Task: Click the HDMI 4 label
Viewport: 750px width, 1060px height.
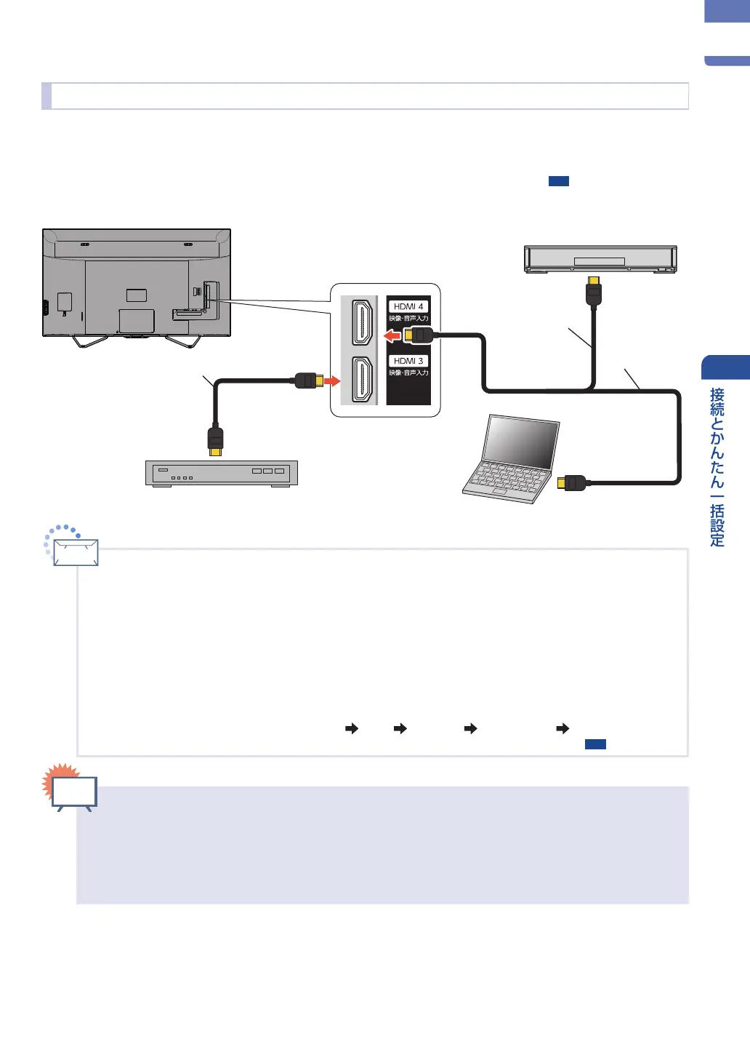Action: (408, 306)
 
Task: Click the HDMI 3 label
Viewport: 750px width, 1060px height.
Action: (408, 361)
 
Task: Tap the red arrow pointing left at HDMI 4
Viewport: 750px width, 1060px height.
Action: (392, 336)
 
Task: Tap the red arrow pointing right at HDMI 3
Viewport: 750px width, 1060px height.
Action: (332, 380)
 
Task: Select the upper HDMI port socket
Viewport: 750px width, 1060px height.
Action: (362, 322)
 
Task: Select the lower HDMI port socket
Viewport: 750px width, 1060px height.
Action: (362, 380)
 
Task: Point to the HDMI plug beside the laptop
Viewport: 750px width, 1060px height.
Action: (572, 483)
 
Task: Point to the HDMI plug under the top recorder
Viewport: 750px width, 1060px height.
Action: (594, 292)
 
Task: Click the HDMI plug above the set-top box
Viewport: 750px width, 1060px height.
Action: (216, 442)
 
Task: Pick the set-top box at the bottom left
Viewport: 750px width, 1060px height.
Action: (222, 473)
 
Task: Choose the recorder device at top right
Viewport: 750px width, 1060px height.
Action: (600, 259)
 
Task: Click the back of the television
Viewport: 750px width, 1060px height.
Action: (137, 283)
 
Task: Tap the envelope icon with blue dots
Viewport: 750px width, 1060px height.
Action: (72, 546)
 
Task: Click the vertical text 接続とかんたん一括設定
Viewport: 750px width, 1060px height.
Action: (717, 467)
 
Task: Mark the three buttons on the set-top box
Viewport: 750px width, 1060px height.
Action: (268, 471)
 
